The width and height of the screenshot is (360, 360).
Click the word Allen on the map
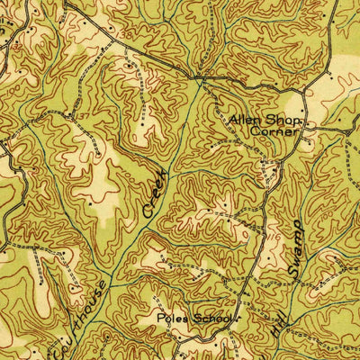243,120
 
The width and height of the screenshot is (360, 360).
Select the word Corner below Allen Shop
273,131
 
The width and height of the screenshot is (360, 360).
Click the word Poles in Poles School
171,318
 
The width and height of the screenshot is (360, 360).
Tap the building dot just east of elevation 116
285,231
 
